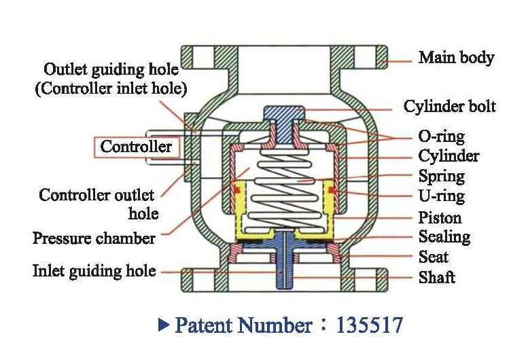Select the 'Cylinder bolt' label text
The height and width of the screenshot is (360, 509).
coord(449,107)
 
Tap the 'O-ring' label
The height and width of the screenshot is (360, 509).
coord(442,137)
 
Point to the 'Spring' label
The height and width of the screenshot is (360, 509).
coord(442,177)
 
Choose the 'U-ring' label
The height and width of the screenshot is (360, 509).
coord(442,197)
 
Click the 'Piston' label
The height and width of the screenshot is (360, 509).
coord(440,218)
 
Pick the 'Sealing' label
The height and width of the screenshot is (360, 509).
coord(444,237)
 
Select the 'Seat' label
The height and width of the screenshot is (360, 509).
coord(434,257)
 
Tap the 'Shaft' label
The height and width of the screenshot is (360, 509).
coord(437,277)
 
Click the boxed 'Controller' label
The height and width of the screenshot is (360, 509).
coord(136,147)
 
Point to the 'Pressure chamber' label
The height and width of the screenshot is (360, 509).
coord(94,238)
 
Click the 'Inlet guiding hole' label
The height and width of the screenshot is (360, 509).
coord(94,271)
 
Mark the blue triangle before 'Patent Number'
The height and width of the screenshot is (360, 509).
coord(162,325)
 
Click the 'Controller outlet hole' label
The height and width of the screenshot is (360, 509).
coord(97,204)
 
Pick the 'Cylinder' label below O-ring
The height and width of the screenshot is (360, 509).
coord(448,156)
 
